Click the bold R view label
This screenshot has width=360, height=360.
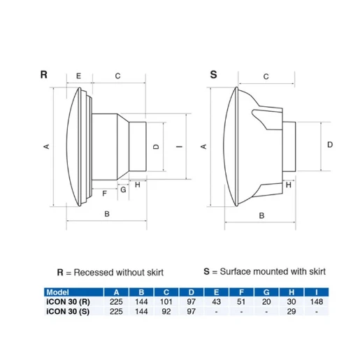[x=43, y=73]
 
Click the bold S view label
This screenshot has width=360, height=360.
[x=214, y=73]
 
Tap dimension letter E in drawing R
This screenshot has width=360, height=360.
[x=78, y=75]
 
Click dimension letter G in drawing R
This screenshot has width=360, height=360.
[x=123, y=189]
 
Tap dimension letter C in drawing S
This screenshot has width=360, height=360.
[x=266, y=75]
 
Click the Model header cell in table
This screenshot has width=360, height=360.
[x=57, y=292]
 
